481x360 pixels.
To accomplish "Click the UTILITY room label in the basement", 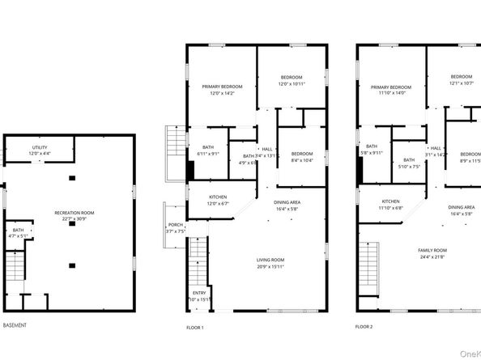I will (40, 147).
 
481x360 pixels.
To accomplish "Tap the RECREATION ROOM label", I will (74, 212).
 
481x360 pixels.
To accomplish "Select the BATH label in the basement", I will (18, 231).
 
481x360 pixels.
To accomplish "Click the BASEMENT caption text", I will (15, 325).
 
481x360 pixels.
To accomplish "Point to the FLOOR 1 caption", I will (195, 327).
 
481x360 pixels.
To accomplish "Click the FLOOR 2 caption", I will (364, 327).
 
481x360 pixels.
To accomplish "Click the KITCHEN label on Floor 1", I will (218, 197).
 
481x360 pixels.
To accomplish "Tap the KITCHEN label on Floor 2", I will (391, 201).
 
